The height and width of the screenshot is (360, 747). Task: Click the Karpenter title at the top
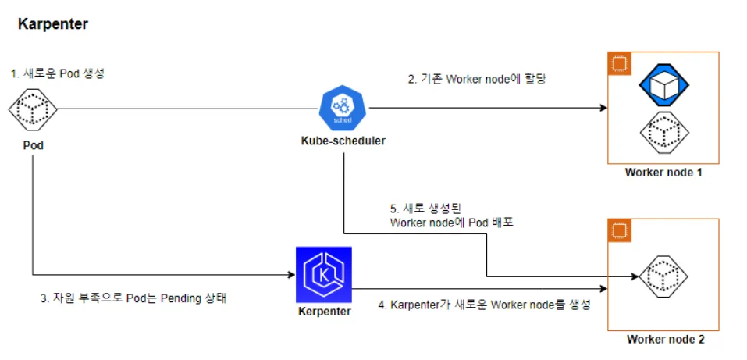(x=53, y=24)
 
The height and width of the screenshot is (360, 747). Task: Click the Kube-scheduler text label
(x=343, y=141)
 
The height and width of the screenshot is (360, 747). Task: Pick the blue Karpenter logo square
(x=323, y=274)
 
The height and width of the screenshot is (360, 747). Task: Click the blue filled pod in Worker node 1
(x=663, y=84)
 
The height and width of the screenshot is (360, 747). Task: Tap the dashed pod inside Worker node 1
(x=663, y=133)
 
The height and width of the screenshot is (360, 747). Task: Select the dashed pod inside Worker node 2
(x=663, y=276)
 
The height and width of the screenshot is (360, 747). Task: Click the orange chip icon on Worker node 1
(x=620, y=64)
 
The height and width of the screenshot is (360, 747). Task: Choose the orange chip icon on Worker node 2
(x=620, y=231)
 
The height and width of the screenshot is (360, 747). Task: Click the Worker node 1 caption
(x=663, y=173)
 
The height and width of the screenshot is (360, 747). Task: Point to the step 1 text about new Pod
(x=58, y=73)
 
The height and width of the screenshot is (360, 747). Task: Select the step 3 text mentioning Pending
(x=133, y=298)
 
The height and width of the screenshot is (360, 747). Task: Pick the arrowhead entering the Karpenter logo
(x=290, y=274)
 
